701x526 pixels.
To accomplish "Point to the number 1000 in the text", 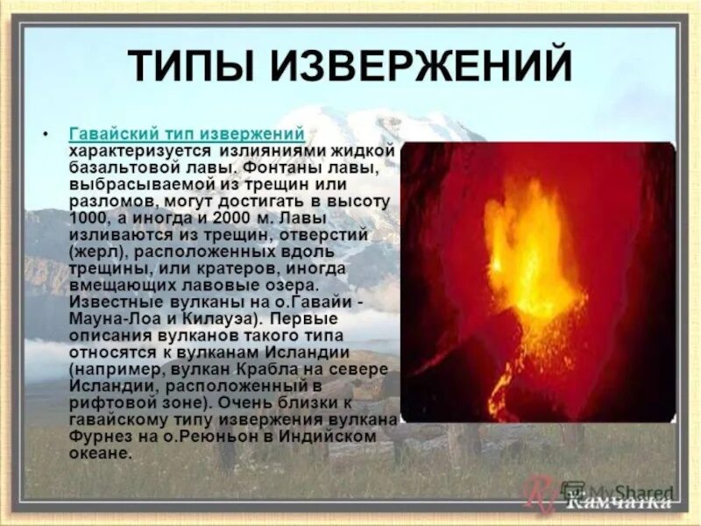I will pyautogui.click(x=89, y=218).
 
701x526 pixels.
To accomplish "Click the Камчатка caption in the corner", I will pyautogui.click(x=620, y=503).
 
